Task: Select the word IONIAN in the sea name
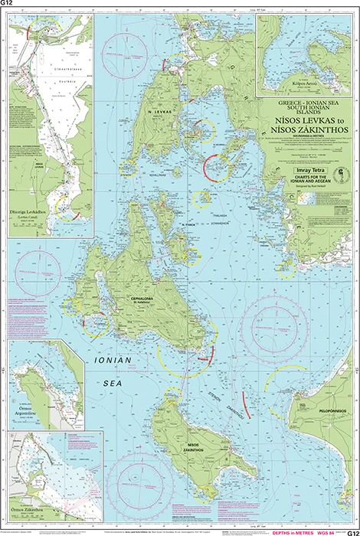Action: pos(113,359)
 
